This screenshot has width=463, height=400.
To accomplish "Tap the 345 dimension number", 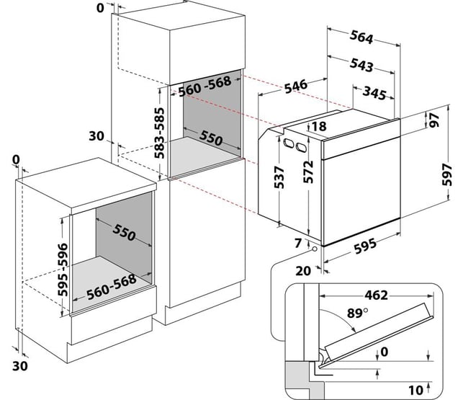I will click(376, 93).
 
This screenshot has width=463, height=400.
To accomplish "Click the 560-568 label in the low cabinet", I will click(112, 292).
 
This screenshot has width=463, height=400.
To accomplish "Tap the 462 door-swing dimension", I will click(374, 294).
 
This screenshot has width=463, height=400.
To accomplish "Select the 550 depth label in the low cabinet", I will click(123, 234).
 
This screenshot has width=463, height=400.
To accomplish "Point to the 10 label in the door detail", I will click(415, 389).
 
